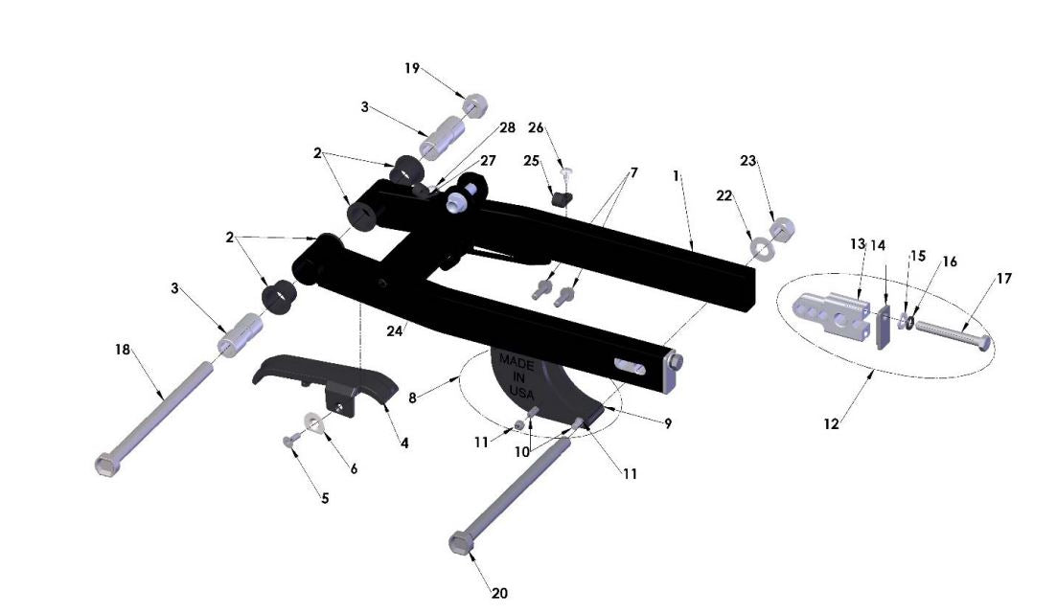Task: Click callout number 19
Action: click(x=412, y=68)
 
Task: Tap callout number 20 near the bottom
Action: click(x=499, y=593)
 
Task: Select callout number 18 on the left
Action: click(x=123, y=350)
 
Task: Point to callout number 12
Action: click(x=832, y=422)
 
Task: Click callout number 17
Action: click(x=1003, y=279)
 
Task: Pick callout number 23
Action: click(x=748, y=161)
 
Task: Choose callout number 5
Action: click(x=325, y=498)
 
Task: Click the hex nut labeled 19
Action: click(x=473, y=105)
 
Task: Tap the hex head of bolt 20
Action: click(x=461, y=544)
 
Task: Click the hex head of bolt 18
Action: click(x=107, y=466)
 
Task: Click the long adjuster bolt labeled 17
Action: click(x=949, y=334)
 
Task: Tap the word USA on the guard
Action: click(x=520, y=393)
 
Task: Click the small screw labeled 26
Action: click(x=565, y=174)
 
